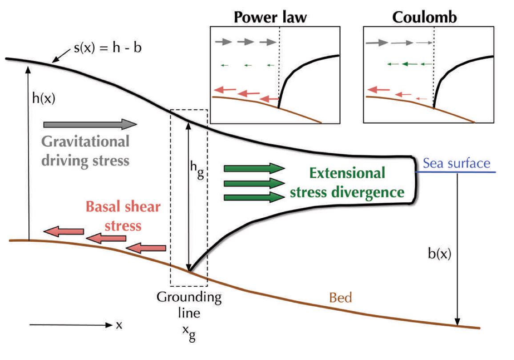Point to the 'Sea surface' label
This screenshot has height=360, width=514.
tap(456, 163)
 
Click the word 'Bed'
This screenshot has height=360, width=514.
tap(340, 297)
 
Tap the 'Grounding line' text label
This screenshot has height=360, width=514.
tap(189, 304)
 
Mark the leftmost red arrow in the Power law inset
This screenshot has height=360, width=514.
tap(225, 90)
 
